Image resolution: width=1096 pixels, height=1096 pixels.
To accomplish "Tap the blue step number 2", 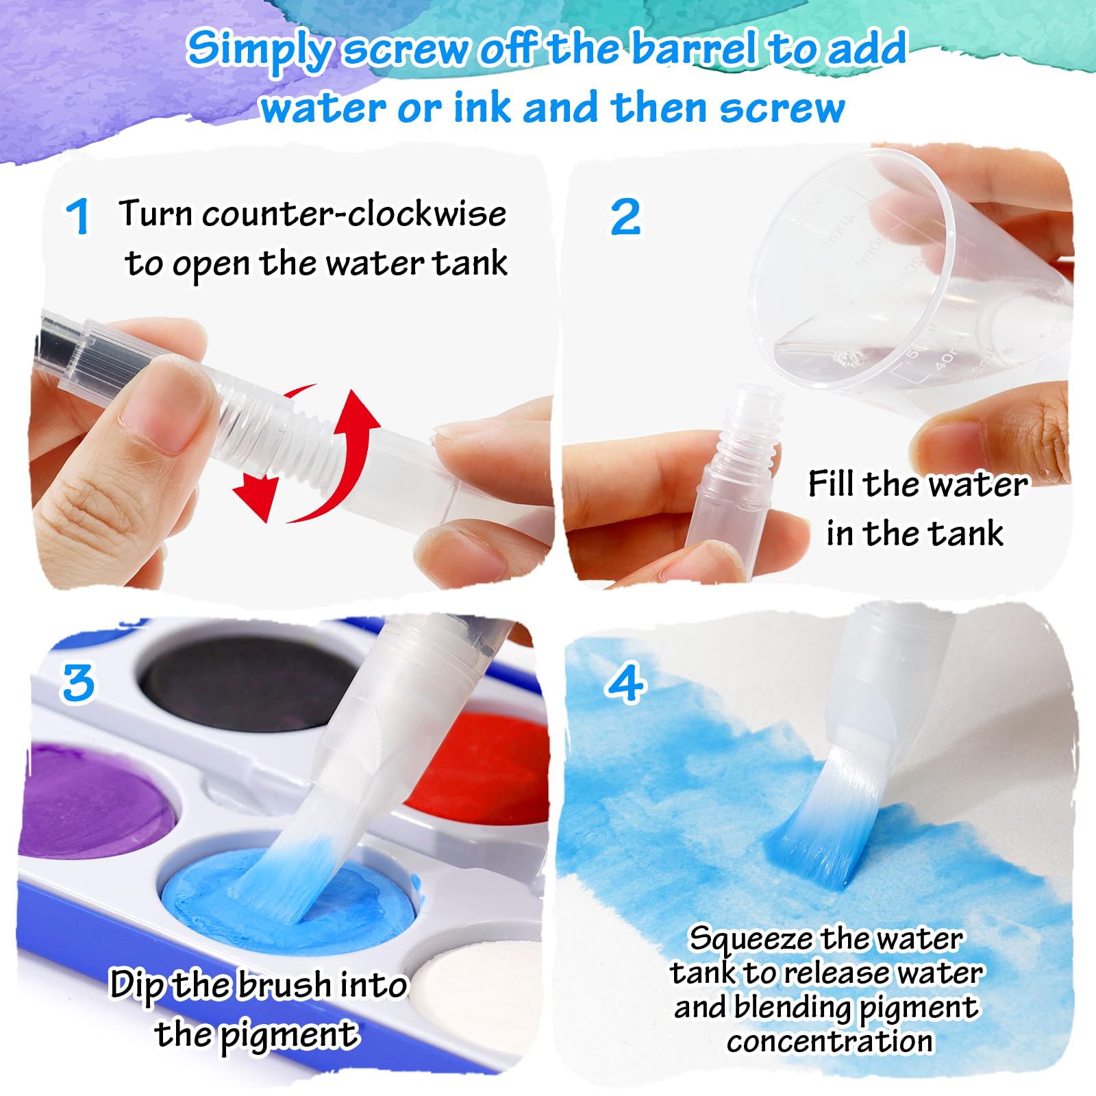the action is point(625,216).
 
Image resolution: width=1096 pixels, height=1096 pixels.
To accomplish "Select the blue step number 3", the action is point(78,683).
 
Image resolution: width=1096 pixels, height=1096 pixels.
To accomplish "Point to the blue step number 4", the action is point(626,683).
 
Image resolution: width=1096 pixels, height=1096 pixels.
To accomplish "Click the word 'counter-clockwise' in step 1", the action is point(354,214).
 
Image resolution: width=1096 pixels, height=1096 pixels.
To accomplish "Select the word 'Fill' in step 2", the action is point(831,484).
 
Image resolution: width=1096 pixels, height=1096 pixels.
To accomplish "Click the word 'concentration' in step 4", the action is point(830,1041).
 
